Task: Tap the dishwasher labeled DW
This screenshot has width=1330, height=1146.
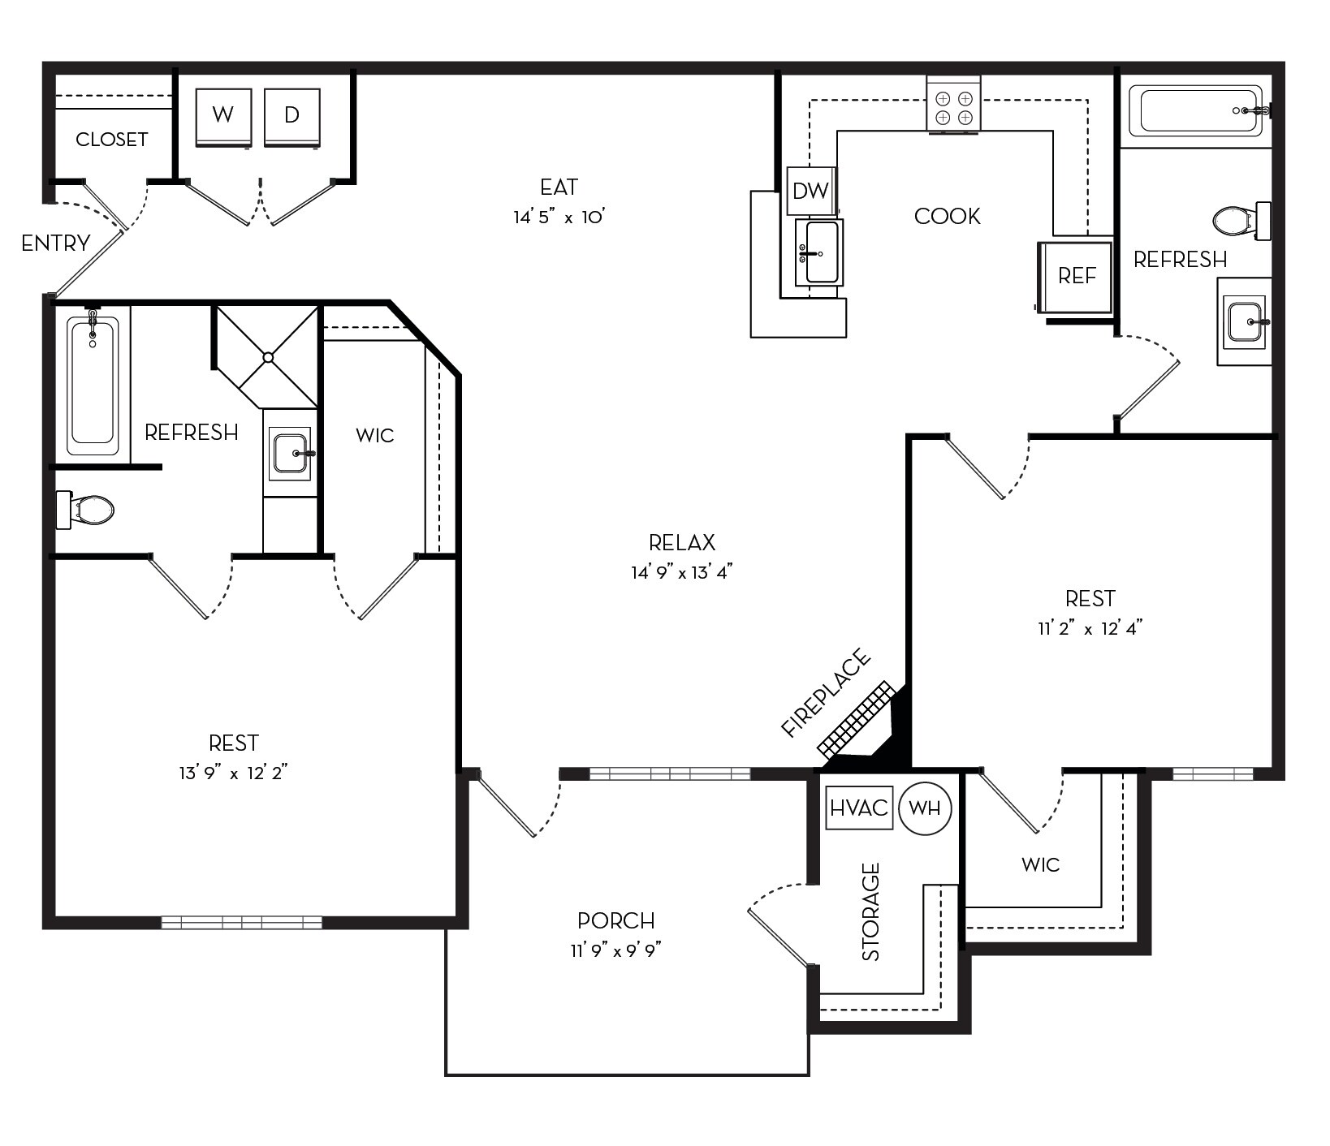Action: pos(811,191)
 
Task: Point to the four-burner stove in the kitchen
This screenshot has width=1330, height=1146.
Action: pos(954,102)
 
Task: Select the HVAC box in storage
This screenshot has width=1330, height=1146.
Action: pos(859,808)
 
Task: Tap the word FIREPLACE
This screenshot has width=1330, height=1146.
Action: pos(825,693)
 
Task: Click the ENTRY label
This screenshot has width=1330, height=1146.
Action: pos(56,243)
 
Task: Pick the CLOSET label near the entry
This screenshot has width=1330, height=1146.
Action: pos(112,140)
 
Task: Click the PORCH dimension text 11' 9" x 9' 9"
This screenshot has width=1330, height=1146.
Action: pos(616,950)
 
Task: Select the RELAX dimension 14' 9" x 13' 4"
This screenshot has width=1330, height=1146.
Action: pos(682,572)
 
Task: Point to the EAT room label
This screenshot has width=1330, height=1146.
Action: pos(559,187)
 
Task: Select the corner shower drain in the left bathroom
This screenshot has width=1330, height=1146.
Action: pos(269,357)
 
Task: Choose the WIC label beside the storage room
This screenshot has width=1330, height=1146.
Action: pos(1041,864)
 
